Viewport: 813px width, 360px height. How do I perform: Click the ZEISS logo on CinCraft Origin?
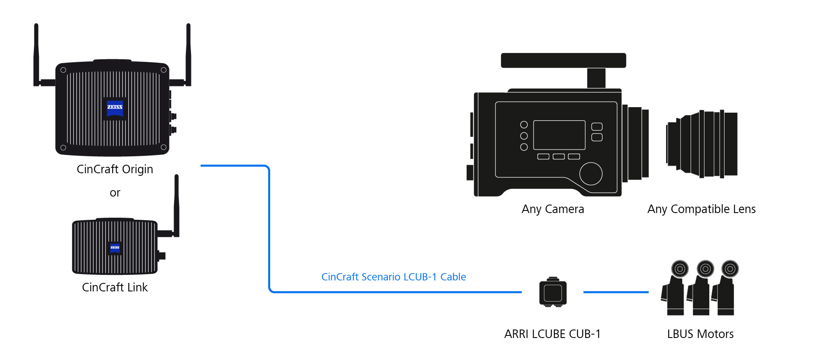point(115,108)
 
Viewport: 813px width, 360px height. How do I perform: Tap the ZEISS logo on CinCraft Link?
point(115,248)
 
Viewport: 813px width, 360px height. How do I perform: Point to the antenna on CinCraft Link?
point(177,203)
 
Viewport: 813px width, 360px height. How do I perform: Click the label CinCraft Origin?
point(115,169)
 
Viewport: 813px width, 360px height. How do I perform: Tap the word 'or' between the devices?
point(115,193)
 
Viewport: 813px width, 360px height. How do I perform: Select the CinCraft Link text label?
point(115,288)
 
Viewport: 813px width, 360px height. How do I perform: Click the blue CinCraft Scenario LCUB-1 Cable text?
point(393,277)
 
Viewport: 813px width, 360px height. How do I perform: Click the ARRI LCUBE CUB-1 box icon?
point(553,292)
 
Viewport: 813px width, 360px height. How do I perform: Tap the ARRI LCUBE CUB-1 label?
point(552,334)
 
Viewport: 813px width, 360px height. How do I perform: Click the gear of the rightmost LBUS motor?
point(730,269)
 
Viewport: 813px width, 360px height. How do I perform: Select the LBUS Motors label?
point(700,334)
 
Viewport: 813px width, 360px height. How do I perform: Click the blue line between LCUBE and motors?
point(616,292)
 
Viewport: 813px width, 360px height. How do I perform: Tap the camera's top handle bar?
point(563,60)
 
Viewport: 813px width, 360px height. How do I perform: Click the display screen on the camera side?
point(559,135)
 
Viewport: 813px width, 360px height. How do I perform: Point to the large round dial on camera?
point(591,174)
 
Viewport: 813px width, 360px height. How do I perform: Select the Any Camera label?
point(553,209)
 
